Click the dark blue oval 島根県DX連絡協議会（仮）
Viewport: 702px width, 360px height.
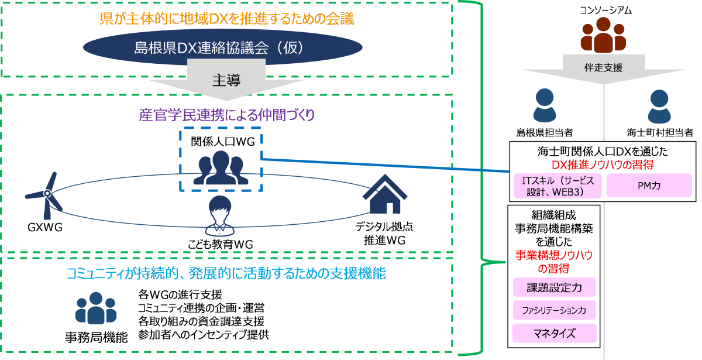tap(222, 47)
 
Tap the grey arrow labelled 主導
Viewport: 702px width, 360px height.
tap(226, 80)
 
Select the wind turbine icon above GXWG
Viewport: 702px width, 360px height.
tap(45, 195)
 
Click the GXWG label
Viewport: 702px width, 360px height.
tap(45, 227)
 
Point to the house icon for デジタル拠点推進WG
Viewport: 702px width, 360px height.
tap(385, 194)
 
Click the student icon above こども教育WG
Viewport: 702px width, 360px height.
tap(220, 216)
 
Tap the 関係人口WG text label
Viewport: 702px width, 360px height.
tap(223, 142)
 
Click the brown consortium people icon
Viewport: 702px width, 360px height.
tap(603, 35)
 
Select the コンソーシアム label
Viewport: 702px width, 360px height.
tap(606, 11)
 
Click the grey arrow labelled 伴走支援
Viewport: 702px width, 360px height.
tap(604, 69)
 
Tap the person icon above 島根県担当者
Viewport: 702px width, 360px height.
tap(545, 105)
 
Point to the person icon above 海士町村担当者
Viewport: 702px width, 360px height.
tap(659, 107)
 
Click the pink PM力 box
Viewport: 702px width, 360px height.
tap(649, 186)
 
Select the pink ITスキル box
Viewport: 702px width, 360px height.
tap(558, 186)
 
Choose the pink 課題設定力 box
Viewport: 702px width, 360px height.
tap(554, 287)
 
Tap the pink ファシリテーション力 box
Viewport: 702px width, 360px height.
tap(554, 310)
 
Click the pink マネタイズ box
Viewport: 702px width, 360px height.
tap(554, 333)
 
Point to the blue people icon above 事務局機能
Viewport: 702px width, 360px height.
tap(96, 308)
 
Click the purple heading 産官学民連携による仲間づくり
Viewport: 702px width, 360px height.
tap(226, 115)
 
